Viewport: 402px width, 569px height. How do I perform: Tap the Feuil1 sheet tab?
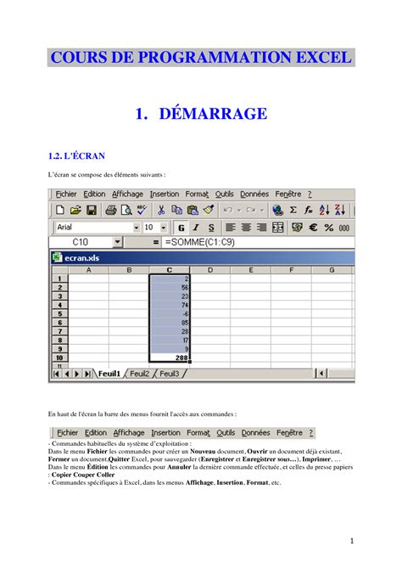pyautogui.click(x=109, y=373)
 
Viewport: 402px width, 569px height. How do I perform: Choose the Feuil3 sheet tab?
pyautogui.click(x=170, y=373)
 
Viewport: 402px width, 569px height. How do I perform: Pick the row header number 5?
pyautogui.click(x=59, y=313)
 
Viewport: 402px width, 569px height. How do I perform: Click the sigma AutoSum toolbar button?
pyautogui.click(x=293, y=210)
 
